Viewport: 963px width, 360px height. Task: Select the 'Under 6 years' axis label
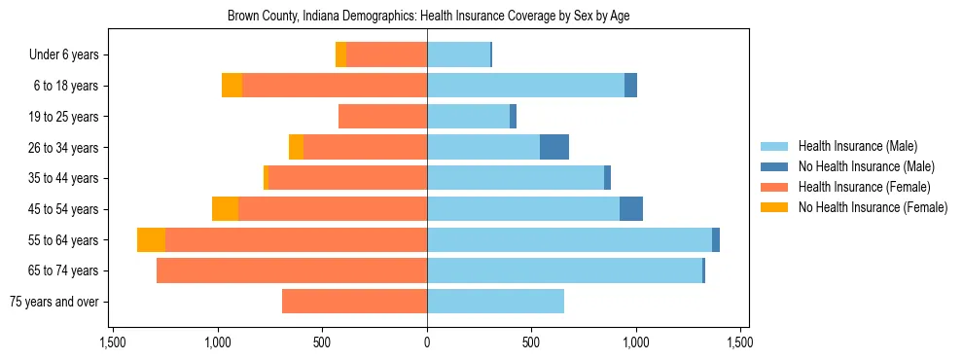click(x=64, y=55)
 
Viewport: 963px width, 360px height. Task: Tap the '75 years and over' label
click(x=53, y=302)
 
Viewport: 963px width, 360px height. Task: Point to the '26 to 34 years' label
click(x=64, y=148)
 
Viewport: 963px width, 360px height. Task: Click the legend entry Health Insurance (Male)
click(x=857, y=147)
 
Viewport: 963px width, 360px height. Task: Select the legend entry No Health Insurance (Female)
click(x=873, y=207)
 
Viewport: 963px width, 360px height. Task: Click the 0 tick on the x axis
click(x=427, y=342)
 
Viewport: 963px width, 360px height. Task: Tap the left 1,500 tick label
click(x=113, y=342)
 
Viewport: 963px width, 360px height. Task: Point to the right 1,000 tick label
click(x=636, y=342)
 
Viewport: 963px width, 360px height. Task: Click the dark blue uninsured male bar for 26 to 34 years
click(x=554, y=148)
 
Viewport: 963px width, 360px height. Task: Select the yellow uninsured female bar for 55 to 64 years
click(x=151, y=240)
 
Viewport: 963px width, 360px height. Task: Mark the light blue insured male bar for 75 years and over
click(x=495, y=302)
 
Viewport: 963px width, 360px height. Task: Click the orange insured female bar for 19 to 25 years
click(x=382, y=117)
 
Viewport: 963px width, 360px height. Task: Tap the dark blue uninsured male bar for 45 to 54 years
click(x=631, y=209)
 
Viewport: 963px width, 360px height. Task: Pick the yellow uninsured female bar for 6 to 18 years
click(x=232, y=86)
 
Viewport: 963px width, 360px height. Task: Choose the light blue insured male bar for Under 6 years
click(x=458, y=55)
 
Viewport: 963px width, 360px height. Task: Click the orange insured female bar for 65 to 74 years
click(x=292, y=270)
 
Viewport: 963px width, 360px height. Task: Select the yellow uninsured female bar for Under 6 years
click(x=340, y=55)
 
